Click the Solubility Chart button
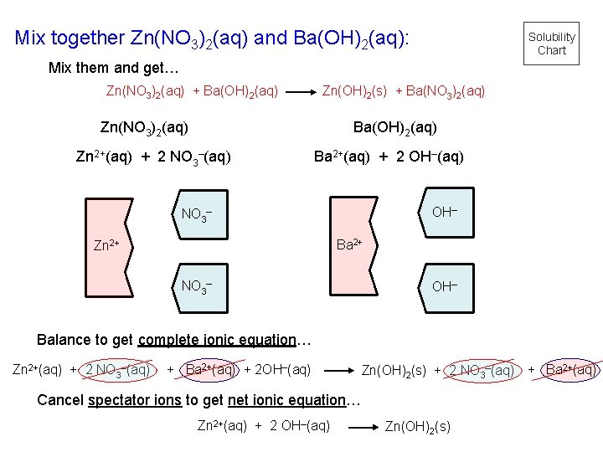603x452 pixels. tap(552, 44)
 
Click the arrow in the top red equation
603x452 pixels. tap(301, 90)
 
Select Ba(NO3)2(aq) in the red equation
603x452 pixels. tap(446, 90)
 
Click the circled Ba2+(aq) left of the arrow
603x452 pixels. tap(210, 369)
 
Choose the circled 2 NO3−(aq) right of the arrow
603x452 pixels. tap(482, 370)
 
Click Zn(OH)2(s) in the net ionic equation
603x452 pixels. tap(417, 427)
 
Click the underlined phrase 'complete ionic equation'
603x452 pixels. tap(218, 340)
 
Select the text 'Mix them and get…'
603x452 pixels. tap(114, 67)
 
